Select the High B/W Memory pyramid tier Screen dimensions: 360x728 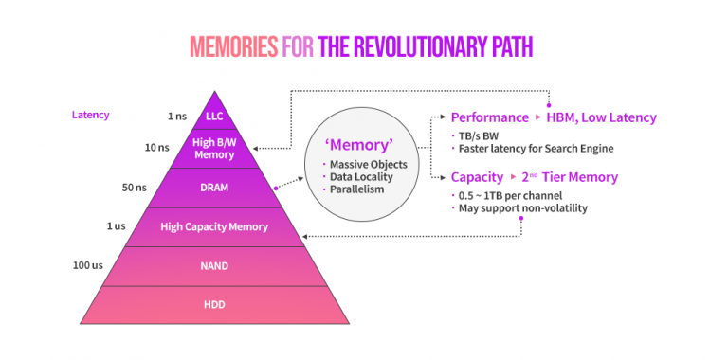213,149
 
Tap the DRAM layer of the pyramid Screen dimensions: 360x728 213,188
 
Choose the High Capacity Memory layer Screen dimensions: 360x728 213,226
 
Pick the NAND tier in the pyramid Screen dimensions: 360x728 213,265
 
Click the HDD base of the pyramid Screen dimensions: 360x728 213,304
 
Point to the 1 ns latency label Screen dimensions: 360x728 176,116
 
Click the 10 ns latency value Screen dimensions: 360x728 157,148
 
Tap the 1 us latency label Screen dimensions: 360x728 116,226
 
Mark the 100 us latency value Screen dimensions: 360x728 88,265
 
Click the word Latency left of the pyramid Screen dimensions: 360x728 90,115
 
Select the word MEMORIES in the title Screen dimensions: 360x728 233,45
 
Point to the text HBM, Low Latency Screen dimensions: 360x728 601,117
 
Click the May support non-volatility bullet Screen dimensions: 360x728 522,207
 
